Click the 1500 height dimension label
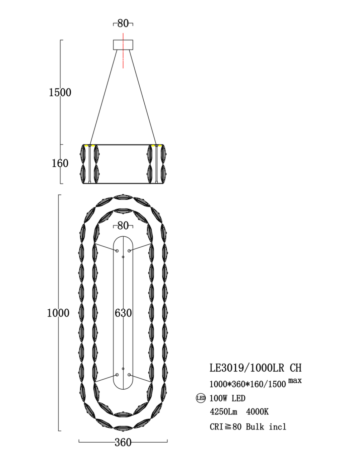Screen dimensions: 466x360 (x=60, y=92)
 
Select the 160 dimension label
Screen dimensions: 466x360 (x=60, y=163)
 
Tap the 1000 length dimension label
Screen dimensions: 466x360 (x=58, y=313)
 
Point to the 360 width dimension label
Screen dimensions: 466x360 (x=123, y=442)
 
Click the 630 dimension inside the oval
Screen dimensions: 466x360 (x=123, y=313)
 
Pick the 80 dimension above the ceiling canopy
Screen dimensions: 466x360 (x=123, y=23)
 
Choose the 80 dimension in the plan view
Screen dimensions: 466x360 (x=123, y=226)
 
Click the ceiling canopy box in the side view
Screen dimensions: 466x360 (x=123, y=45)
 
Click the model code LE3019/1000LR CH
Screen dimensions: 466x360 (x=255, y=368)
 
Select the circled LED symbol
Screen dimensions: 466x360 (x=201, y=398)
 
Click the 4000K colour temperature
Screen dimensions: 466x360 (x=257, y=412)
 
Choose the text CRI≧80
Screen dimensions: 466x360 (x=226, y=427)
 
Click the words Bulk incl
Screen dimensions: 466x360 (x=266, y=427)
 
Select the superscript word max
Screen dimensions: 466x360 (x=295, y=380)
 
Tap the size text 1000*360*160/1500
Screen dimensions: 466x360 (x=248, y=384)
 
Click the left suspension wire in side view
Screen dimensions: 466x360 (x=104, y=97)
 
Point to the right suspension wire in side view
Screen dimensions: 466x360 (x=142, y=97)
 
